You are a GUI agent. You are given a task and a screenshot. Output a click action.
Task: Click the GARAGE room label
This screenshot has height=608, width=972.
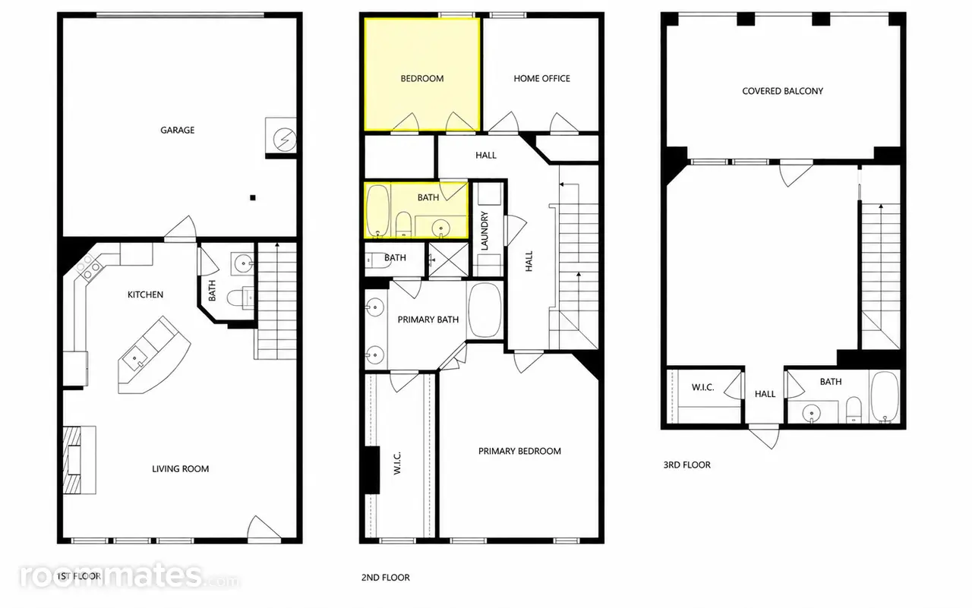click(177, 130)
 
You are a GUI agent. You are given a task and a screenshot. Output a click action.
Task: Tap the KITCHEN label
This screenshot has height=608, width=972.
click(145, 295)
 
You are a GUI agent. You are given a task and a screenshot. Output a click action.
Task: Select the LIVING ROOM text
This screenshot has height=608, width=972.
click(180, 469)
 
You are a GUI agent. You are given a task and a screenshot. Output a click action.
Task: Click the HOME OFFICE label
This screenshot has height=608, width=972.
click(541, 78)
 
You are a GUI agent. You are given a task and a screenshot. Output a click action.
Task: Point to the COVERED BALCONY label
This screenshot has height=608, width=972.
click(782, 91)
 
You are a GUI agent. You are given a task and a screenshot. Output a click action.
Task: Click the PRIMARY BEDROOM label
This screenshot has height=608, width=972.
click(519, 451)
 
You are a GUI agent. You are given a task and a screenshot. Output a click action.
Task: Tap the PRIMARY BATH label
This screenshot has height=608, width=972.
click(428, 320)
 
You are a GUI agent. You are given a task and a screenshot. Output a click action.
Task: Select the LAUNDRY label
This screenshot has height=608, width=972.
click(484, 231)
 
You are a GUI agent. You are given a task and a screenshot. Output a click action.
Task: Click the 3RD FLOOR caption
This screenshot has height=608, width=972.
click(687, 465)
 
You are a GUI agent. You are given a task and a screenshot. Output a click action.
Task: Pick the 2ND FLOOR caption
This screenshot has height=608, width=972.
click(385, 578)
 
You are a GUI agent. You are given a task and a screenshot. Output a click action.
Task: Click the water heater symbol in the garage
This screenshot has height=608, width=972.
click(285, 140)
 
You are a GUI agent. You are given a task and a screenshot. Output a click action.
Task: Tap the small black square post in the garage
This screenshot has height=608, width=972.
click(253, 198)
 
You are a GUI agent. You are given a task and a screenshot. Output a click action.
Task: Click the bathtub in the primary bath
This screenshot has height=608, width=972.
click(484, 310)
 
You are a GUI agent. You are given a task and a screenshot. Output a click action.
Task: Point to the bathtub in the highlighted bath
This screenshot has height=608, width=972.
click(378, 211)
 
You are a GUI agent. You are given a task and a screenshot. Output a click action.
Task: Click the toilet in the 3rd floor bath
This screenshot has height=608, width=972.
click(854, 409)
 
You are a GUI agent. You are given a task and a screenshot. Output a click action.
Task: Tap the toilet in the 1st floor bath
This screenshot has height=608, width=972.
click(241, 298)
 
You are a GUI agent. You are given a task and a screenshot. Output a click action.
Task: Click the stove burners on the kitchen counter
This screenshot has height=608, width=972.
click(88, 268)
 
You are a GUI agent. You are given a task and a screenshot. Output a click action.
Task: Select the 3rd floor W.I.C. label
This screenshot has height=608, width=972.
click(702, 387)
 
